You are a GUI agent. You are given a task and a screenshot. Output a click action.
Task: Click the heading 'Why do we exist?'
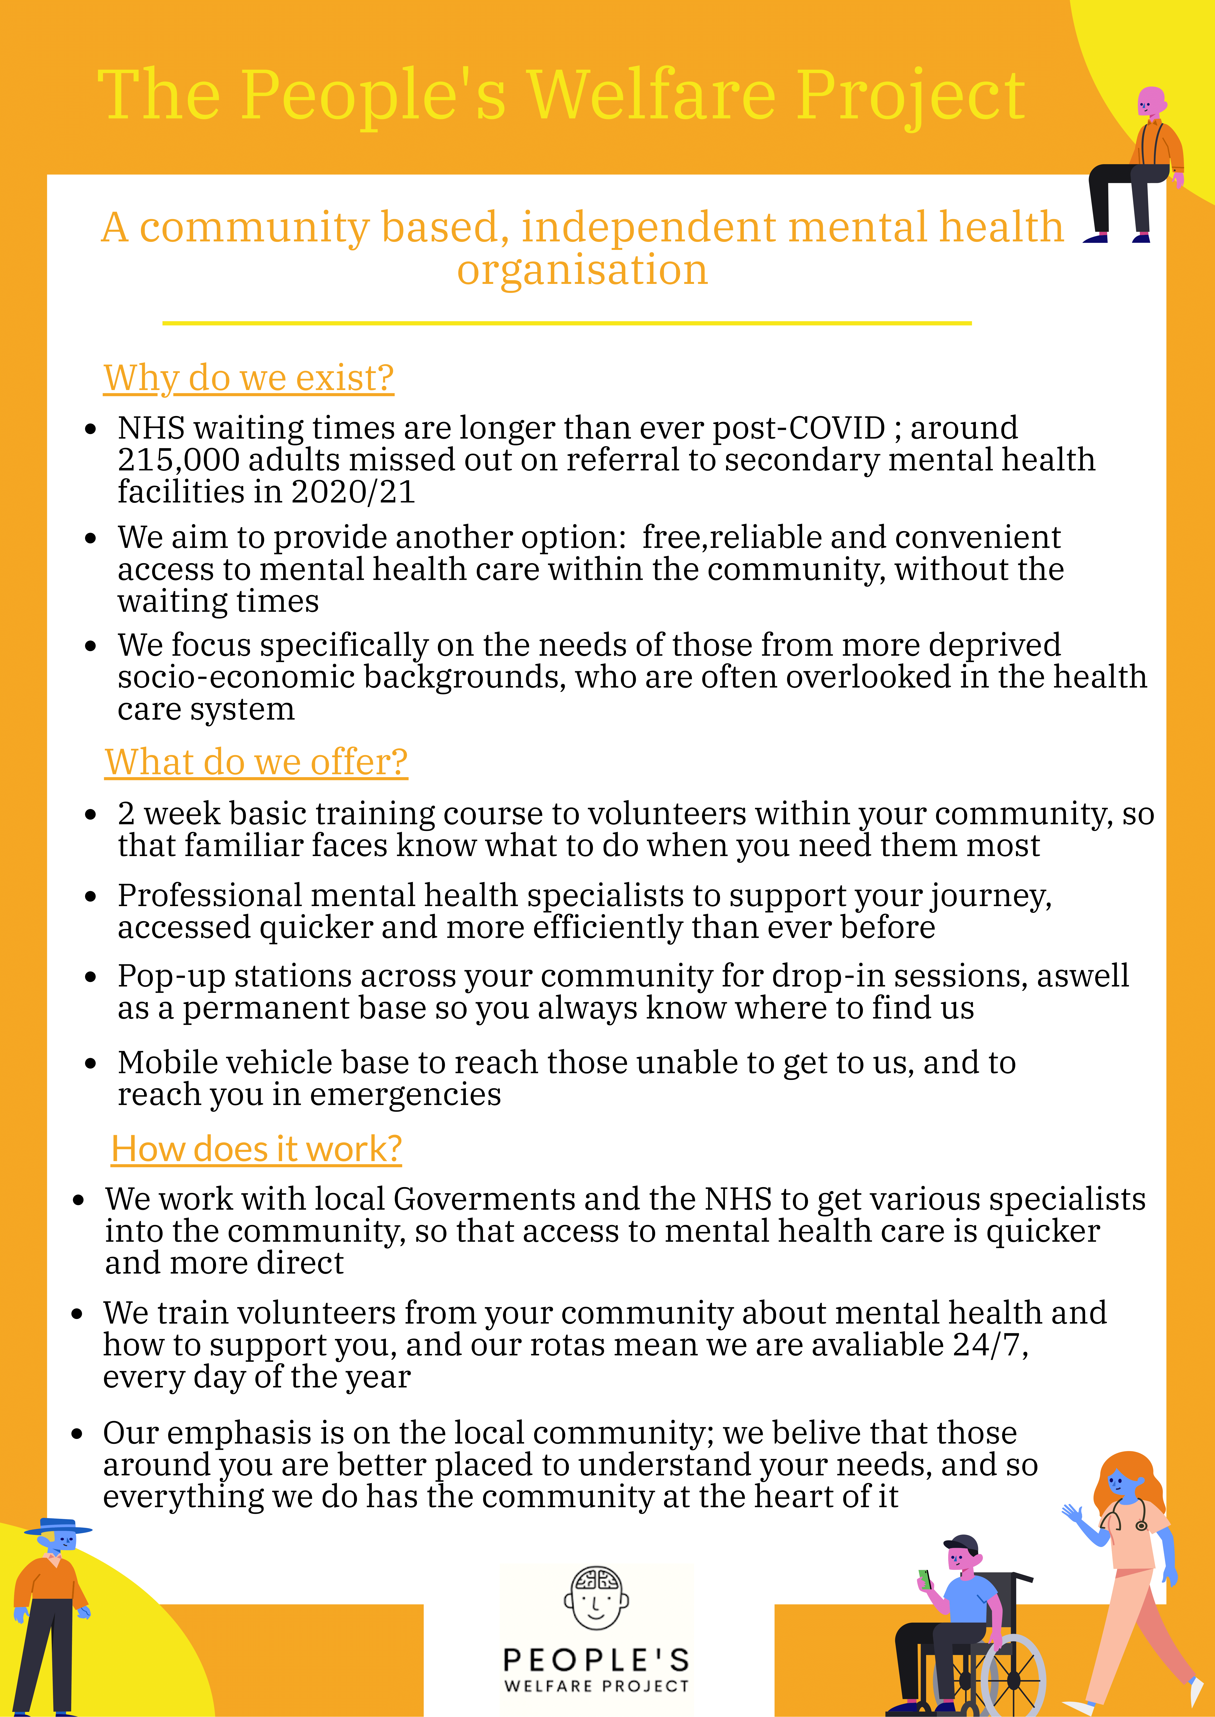click(248, 378)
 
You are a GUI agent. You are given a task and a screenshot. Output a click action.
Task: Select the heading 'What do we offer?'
click(256, 762)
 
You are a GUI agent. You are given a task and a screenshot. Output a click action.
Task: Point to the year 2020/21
click(353, 492)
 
